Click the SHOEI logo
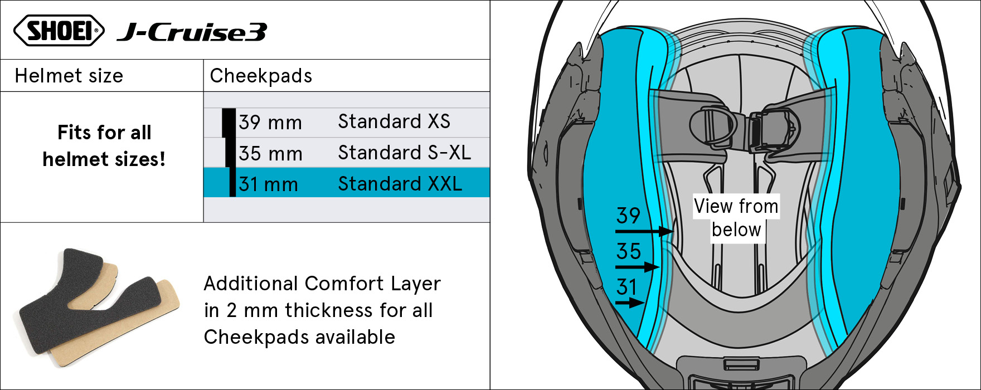(59, 30)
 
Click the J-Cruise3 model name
(192, 32)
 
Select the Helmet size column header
(69, 76)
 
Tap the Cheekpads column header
(261, 76)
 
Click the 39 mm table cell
(270, 123)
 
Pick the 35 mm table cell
(270, 153)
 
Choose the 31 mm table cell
(268, 184)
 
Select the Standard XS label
(394, 121)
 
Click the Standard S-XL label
(404, 153)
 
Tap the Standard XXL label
(400, 184)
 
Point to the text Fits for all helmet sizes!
(104, 146)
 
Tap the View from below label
(736, 218)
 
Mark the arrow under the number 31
(630, 303)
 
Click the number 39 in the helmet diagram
(628, 216)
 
